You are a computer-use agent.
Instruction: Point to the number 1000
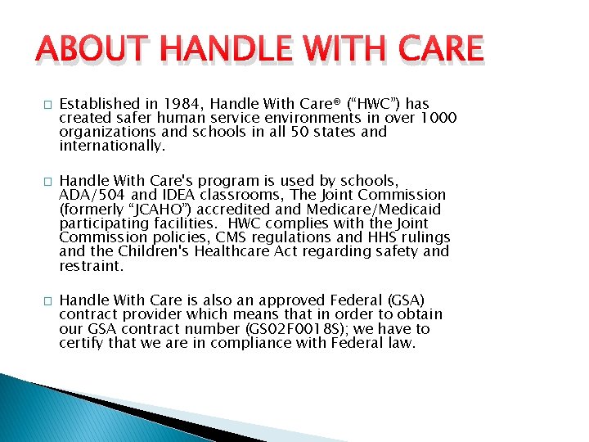point(438,119)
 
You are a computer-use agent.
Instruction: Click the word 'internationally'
point(112,147)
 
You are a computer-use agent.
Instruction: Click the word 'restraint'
point(90,266)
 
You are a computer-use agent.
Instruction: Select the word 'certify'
point(83,344)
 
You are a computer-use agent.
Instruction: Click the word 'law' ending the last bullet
point(402,344)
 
